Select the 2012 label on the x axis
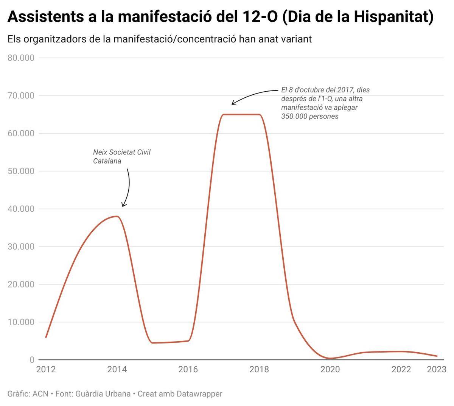tap(46, 369)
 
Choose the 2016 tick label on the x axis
tap(188, 369)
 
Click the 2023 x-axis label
tap(437, 369)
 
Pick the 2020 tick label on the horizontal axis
tap(330, 369)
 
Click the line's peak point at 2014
tap(117, 216)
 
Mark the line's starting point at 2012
tap(46, 337)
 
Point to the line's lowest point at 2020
tap(330, 358)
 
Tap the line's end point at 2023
tap(437, 356)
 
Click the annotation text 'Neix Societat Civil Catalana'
tap(121, 156)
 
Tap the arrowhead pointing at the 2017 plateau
tap(233, 103)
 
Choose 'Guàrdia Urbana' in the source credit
tap(103, 394)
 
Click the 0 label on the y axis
tap(32, 360)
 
